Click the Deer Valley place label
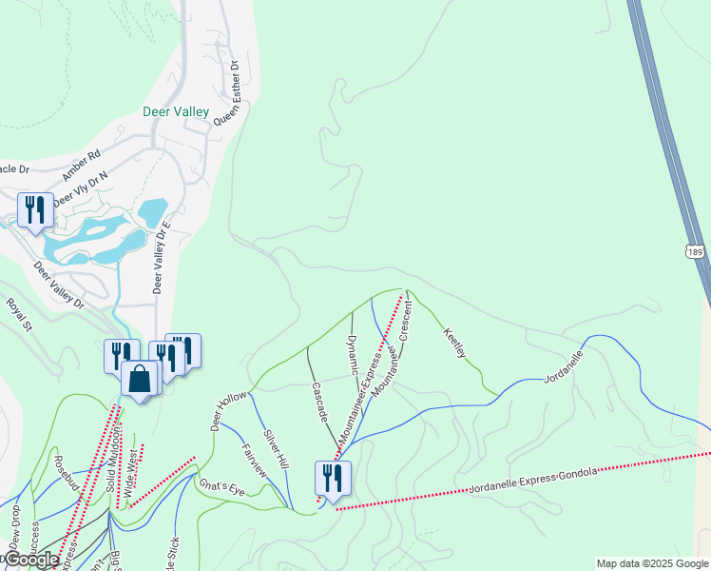[175, 111]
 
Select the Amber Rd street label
[81, 167]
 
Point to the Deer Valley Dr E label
[160, 258]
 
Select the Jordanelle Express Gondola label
[532, 480]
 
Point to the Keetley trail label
[455, 343]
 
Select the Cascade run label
[320, 403]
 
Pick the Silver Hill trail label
[276, 447]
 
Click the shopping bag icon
[140, 379]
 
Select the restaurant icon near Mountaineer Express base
[332, 478]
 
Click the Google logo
[31, 561]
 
